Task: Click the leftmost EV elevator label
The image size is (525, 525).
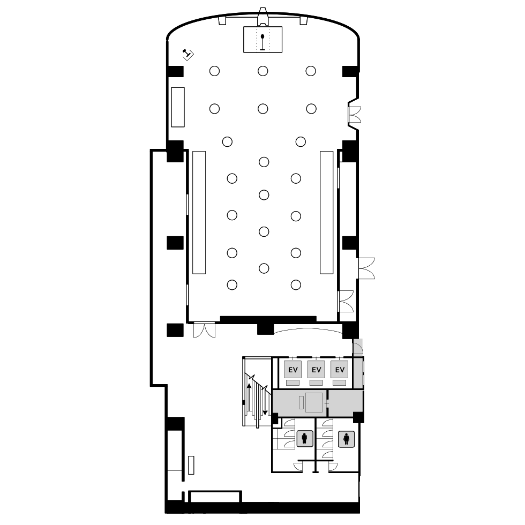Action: [293, 370]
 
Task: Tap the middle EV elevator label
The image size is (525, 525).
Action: [317, 370]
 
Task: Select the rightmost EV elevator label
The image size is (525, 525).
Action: [340, 370]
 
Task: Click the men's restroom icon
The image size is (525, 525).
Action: [305, 439]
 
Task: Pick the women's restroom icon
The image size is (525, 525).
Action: [346, 439]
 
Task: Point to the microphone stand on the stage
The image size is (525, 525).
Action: [262, 42]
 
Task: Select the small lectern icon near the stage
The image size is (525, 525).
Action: [188, 54]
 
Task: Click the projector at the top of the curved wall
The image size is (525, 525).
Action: [263, 17]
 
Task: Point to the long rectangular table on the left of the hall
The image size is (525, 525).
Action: [199, 213]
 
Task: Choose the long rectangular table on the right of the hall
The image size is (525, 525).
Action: [326, 213]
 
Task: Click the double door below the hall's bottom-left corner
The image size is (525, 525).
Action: [204, 330]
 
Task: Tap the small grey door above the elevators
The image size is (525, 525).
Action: [358, 347]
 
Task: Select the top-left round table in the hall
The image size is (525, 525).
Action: [215, 71]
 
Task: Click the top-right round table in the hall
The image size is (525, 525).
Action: [311, 71]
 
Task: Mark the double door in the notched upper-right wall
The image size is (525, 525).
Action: [355, 115]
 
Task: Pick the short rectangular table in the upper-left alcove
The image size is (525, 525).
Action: [178, 107]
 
